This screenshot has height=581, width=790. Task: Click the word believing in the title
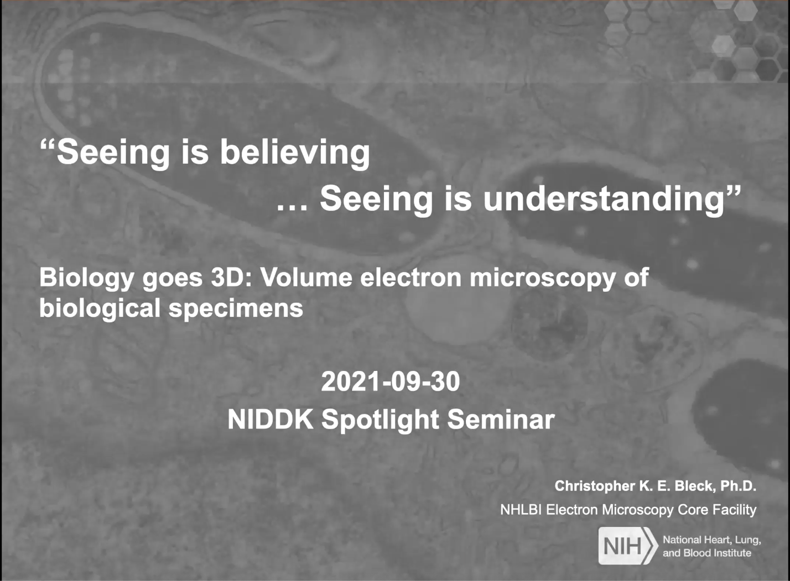click(x=295, y=153)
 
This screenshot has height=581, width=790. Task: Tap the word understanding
click(x=604, y=199)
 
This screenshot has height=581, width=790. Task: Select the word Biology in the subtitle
click(x=86, y=279)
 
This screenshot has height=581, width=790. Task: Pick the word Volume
click(x=306, y=278)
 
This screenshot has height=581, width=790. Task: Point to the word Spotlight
click(x=381, y=421)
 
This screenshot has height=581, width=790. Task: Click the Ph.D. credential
click(x=738, y=486)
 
